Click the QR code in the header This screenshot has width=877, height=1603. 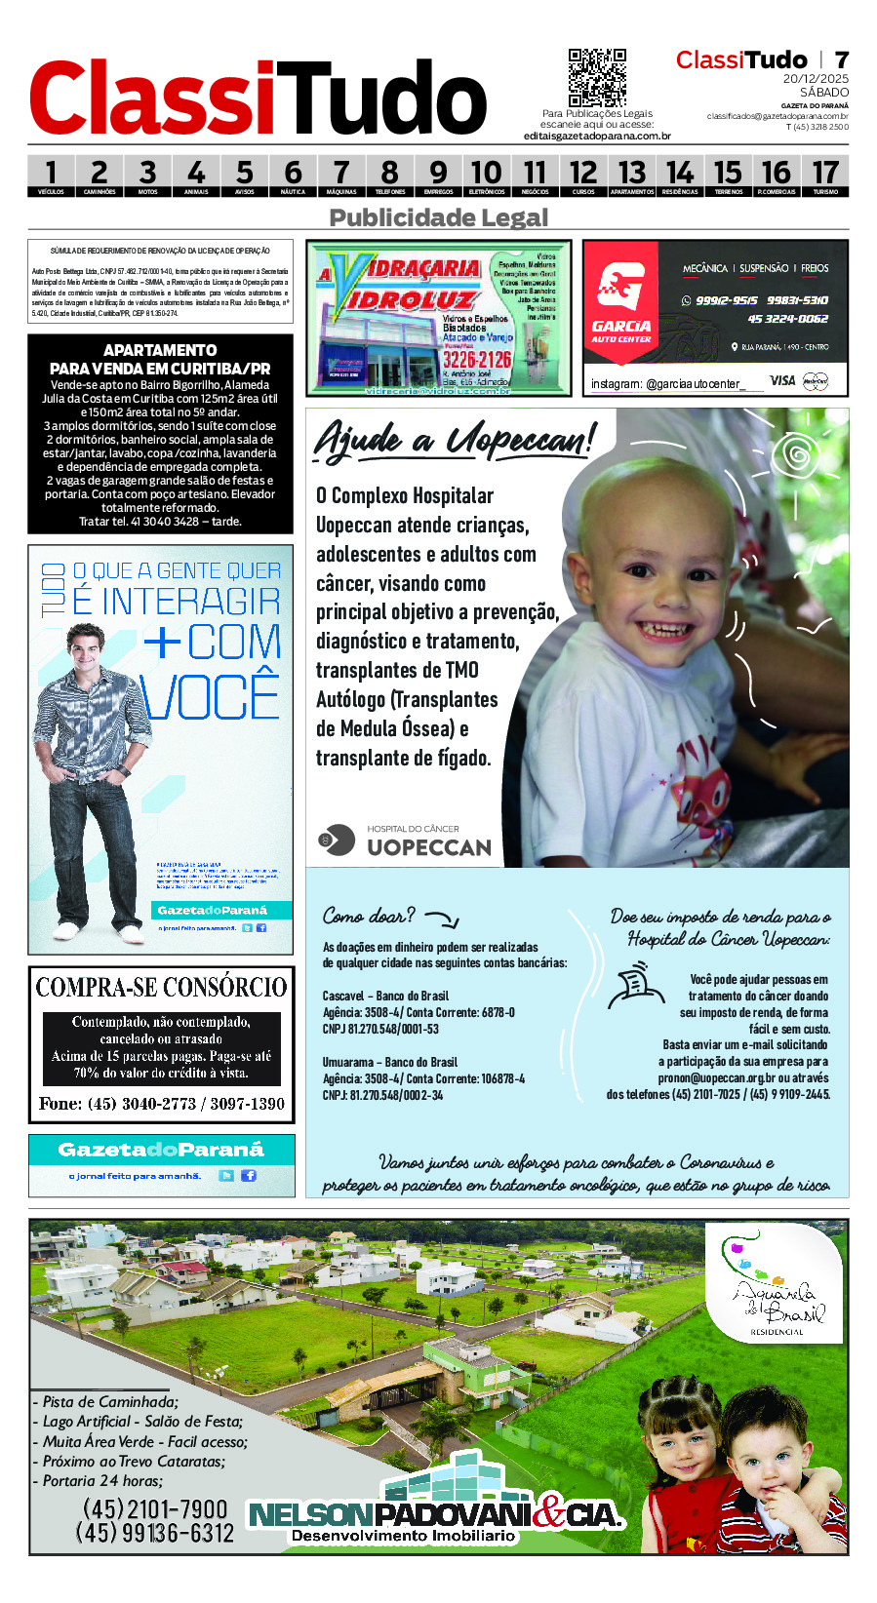coord(596,77)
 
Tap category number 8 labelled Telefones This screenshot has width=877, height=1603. coord(389,176)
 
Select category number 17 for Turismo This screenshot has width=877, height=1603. coord(825,176)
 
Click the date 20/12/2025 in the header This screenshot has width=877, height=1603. coord(816,79)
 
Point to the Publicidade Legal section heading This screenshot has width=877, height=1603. coord(439,217)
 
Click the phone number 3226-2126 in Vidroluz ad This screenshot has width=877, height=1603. coord(476,360)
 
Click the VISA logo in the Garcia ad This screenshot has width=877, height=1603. coord(782,380)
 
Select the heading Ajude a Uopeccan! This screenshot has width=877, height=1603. coord(454,440)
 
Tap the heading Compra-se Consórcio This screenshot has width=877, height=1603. coord(161,988)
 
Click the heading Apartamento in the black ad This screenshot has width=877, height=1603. coord(160,350)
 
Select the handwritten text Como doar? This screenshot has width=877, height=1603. coord(369,916)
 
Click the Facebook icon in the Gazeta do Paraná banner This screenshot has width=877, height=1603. coord(249,1175)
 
